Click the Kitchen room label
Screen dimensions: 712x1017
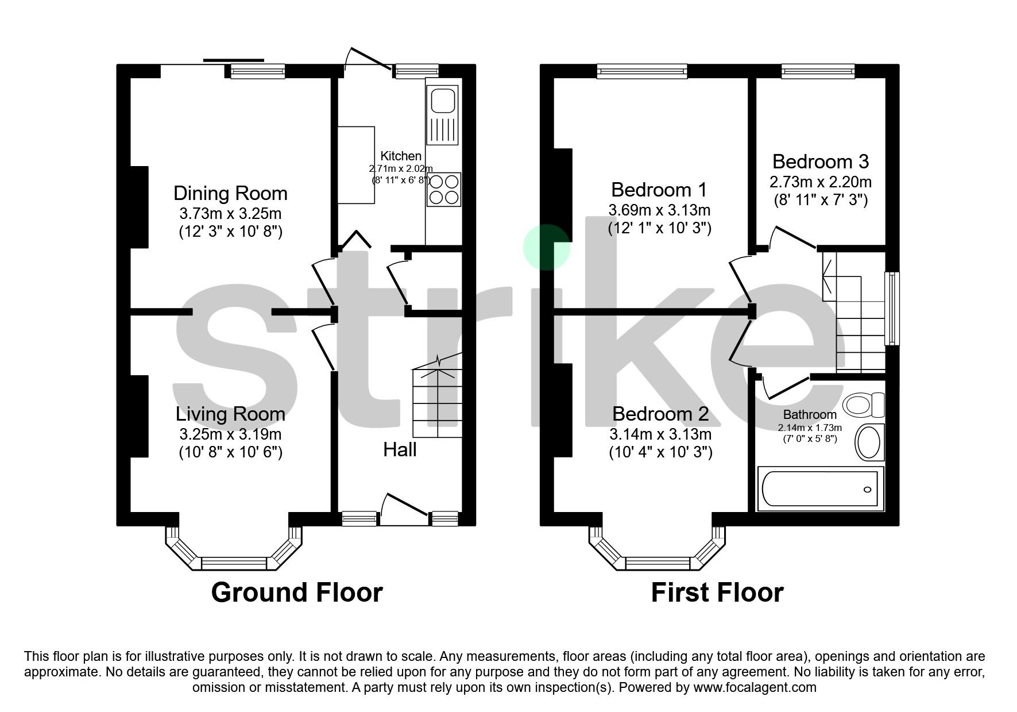pyautogui.click(x=401, y=156)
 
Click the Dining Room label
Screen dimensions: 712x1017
pyautogui.click(x=230, y=193)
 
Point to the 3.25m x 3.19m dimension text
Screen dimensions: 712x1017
pyautogui.click(x=230, y=434)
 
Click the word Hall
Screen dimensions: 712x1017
pyautogui.click(x=400, y=449)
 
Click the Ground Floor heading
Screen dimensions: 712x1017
pyautogui.click(x=296, y=592)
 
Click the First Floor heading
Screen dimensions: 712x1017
pyautogui.click(x=717, y=592)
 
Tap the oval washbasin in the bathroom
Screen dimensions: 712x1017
pyautogui.click(x=869, y=442)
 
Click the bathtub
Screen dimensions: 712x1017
pyautogui.click(x=820, y=489)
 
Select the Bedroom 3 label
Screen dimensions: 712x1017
pyautogui.click(x=820, y=161)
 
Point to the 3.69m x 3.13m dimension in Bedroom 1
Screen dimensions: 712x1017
pyautogui.click(x=659, y=210)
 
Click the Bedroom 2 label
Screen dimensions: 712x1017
pyautogui.click(x=660, y=414)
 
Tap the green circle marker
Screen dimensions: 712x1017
pyautogui.click(x=546, y=247)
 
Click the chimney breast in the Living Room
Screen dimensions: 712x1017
pyautogui.click(x=139, y=416)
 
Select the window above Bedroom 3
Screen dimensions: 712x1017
pyautogui.click(x=818, y=71)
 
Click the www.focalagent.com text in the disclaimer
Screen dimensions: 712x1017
pyautogui.click(x=755, y=687)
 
